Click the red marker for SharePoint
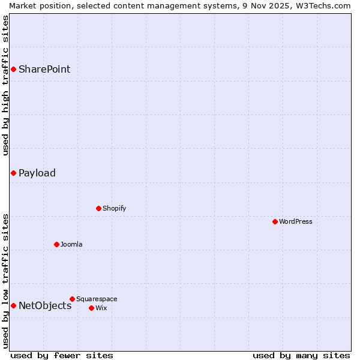click(x=13, y=69)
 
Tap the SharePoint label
click(x=44, y=69)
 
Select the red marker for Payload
click(x=13, y=173)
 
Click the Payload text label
click(x=37, y=173)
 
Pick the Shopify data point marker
click(x=98, y=208)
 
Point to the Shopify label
click(x=114, y=208)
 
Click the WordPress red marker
click(x=275, y=221)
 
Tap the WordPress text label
click(x=296, y=221)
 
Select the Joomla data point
click(x=56, y=244)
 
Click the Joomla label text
click(x=71, y=244)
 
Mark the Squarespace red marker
click(x=72, y=299)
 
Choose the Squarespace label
click(x=97, y=299)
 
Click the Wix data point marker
click(x=91, y=308)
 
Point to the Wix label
click(x=101, y=308)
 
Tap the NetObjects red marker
click(x=13, y=305)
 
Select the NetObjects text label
click(x=45, y=305)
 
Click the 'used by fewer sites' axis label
click(x=62, y=355)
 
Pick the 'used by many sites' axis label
click(x=301, y=355)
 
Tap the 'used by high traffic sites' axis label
click(x=5, y=85)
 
